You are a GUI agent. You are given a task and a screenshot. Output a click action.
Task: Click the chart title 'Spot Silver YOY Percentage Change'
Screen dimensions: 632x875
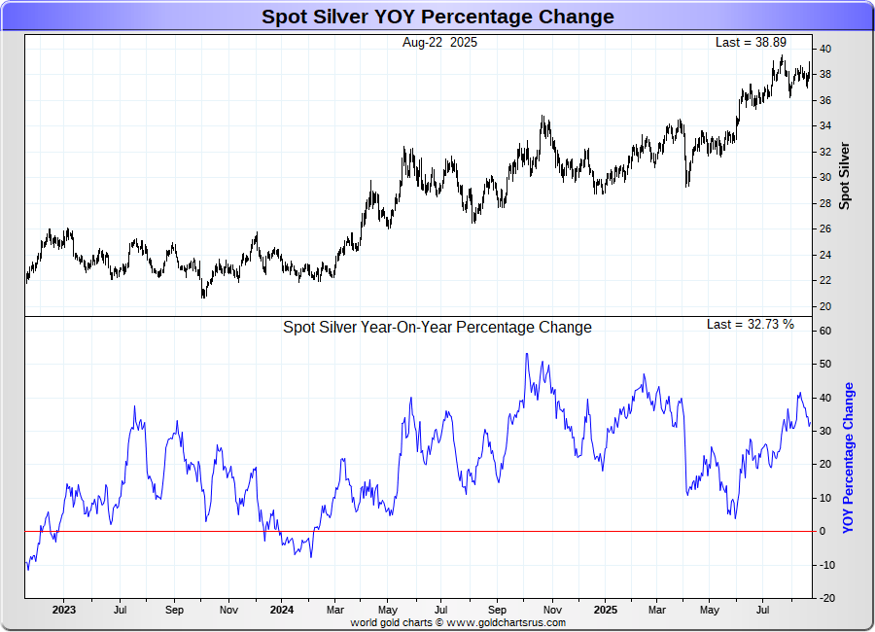tap(437, 17)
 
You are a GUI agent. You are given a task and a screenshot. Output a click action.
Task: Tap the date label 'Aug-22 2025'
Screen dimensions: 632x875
tap(439, 43)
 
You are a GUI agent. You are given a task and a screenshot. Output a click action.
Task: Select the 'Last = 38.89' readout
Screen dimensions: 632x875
tap(750, 43)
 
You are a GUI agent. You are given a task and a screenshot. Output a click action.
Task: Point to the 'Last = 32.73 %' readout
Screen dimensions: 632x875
tap(750, 325)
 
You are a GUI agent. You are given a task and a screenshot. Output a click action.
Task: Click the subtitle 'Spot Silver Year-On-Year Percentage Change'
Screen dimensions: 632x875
tap(437, 328)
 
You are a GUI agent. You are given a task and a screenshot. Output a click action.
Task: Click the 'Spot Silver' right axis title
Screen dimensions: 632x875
tap(845, 176)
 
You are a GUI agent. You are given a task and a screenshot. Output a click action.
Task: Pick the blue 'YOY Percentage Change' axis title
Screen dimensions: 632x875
tap(849, 457)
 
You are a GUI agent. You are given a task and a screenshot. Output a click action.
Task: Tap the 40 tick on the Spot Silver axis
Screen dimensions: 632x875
tap(823, 49)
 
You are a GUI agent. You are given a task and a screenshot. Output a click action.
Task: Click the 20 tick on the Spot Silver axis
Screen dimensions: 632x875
tap(823, 306)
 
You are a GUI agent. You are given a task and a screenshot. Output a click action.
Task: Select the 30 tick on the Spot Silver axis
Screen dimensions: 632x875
tap(823, 177)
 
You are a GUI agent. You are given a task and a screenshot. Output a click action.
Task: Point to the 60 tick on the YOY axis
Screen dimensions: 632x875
tap(823, 331)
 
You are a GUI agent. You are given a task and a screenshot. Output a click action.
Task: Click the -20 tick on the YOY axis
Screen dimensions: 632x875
tap(822, 598)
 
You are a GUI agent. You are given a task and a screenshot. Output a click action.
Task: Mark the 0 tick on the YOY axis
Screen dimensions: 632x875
tap(822, 531)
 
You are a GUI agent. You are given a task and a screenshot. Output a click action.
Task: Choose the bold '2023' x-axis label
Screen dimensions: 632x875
tap(63, 610)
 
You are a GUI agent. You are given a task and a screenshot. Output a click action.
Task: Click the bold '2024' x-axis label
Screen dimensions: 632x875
tap(281, 610)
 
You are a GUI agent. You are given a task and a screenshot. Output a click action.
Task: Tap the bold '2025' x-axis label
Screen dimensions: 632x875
tap(605, 610)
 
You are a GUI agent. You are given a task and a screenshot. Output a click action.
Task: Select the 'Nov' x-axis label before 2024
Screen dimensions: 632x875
tap(228, 610)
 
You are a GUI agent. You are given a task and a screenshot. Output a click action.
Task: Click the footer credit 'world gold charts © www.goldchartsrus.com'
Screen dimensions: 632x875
tap(457, 622)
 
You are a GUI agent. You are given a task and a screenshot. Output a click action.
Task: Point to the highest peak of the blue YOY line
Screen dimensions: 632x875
tap(526, 354)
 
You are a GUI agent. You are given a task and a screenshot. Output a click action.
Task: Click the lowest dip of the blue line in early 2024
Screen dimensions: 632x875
tap(311, 556)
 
